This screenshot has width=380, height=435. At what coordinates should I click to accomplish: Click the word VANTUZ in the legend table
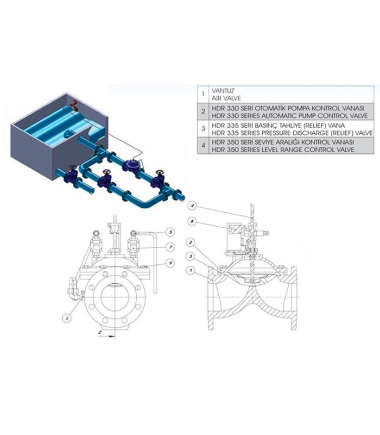[223, 91]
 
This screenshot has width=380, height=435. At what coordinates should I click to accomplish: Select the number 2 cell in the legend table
[203, 111]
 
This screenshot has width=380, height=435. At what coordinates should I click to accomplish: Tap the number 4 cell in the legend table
[203, 145]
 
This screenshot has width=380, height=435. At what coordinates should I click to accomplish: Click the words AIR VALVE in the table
[226, 98]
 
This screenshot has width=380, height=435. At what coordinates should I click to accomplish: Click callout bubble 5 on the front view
[170, 232]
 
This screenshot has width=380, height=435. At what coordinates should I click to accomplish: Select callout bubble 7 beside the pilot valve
[170, 247]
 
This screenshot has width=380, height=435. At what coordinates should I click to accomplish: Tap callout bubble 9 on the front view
[170, 263]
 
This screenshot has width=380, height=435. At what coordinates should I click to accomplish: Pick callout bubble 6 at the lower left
[67, 318]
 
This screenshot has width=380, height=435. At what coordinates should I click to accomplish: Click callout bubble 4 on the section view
[192, 206]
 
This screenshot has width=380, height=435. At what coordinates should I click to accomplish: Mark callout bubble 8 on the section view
[192, 221]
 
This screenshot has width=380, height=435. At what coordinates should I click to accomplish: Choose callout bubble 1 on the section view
[191, 270]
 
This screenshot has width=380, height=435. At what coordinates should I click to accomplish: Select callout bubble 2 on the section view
[191, 242]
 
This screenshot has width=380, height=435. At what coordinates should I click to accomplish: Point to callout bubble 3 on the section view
[191, 256]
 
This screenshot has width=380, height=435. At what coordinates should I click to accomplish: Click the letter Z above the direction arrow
[100, 332]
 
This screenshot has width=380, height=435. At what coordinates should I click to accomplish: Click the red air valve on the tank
[74, 105]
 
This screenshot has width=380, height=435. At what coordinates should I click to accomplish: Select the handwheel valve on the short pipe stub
[71, 175]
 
